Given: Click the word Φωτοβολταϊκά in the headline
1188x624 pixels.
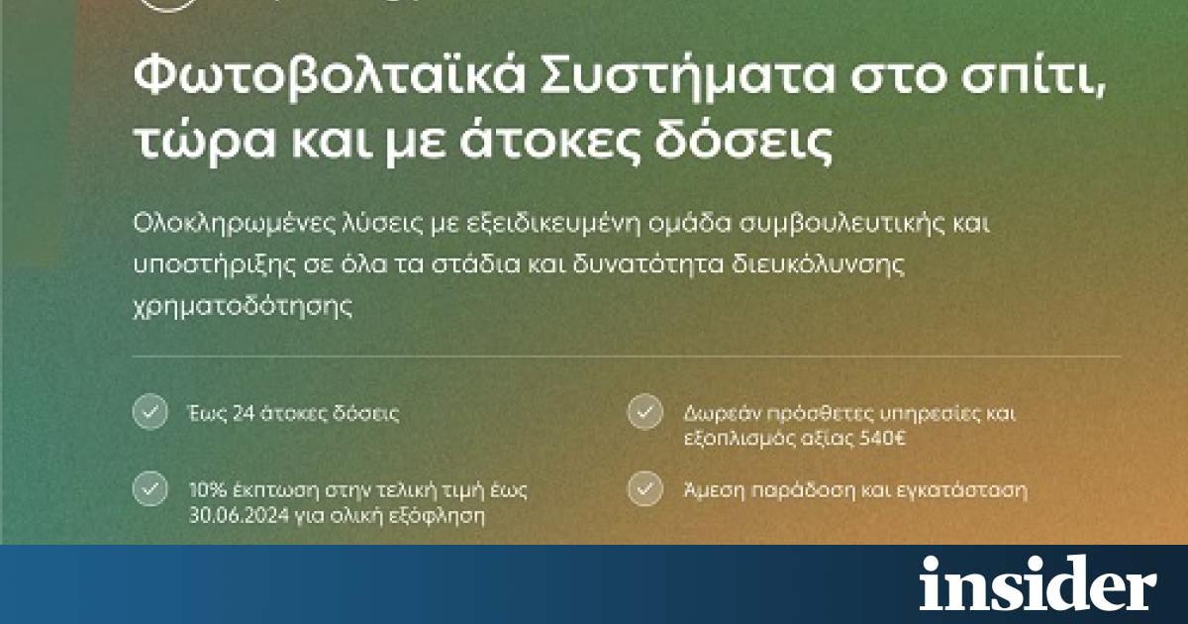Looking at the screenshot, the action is click(x=329, y=77).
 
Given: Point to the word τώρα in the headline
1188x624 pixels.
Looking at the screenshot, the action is click(x=205, y=141).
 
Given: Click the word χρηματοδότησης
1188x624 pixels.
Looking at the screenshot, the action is click(x=243, y=307).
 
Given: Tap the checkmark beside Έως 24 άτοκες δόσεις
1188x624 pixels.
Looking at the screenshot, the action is click(x=150, y=412).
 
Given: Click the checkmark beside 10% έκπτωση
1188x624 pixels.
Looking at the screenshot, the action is click(x=150, y=488).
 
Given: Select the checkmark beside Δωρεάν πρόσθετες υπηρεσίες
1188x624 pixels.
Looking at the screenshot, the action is click(x=644, y=412).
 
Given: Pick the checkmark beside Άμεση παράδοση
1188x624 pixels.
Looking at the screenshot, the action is click(x=644, y=488).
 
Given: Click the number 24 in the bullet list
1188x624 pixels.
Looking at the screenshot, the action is click(x=243, y=413).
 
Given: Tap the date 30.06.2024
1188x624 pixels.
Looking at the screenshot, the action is click(x=240, y=515).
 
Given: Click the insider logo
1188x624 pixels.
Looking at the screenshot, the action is click(x=1038, y=583).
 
